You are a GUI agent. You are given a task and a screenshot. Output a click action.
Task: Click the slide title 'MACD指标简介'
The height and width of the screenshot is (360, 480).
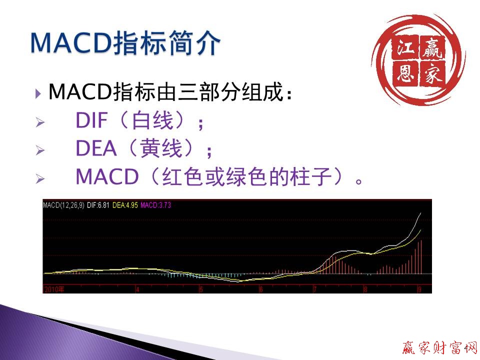click(125, 43)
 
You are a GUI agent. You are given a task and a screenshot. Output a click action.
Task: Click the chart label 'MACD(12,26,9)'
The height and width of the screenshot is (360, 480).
click(63, 204)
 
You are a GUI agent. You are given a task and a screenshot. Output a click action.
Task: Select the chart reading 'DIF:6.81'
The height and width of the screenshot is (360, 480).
click(98, 204)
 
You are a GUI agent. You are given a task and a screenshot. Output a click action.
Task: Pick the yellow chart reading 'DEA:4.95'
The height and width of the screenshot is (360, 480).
click(125, 204)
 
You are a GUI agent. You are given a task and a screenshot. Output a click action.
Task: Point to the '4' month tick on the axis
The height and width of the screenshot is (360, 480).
click(137, 289)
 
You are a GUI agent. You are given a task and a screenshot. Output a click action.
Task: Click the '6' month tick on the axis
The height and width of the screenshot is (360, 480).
click(260, 289)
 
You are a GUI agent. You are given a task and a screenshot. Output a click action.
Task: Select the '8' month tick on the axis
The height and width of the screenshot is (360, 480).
click(365, 289)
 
